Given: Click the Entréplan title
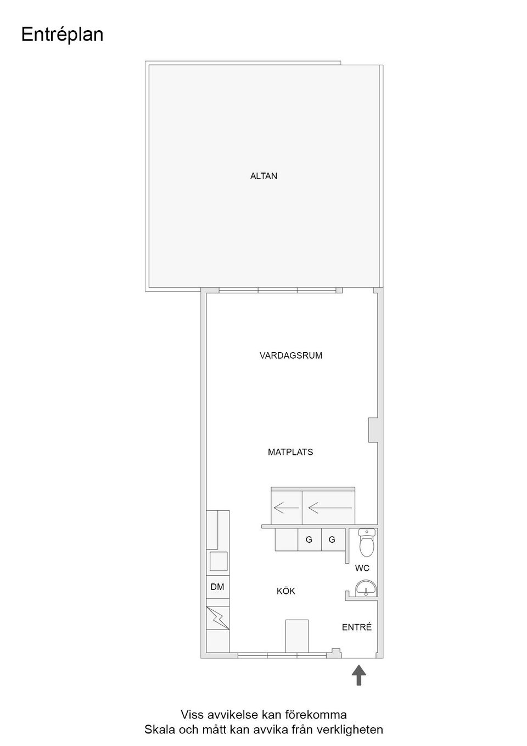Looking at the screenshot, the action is pyautogui.click(x=62, y=35).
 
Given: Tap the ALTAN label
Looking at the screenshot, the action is pyautogui.click(x=263, y=176).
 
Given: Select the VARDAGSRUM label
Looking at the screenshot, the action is pyautogui.click(x=291, y=355).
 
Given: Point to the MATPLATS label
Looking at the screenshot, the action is pyautogui.click(x=290, y=452).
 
